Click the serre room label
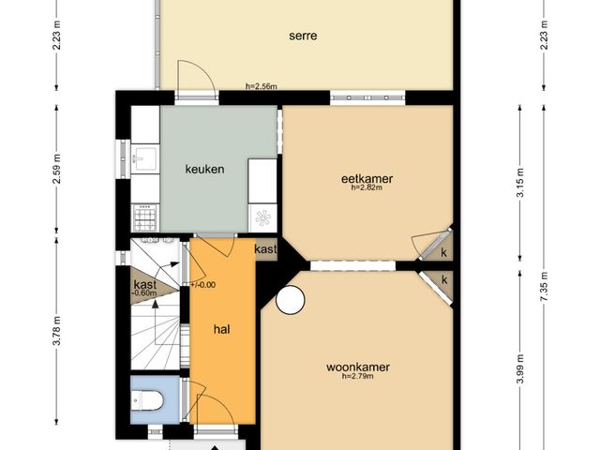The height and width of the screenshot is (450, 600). pyautogui.click(x=303, y=36)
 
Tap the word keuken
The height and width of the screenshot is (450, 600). pyautogui.click(x=204, y=169)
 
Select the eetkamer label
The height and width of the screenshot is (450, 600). pyautogui.click(x=367, y=178)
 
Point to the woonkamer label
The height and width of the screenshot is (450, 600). pyautogui.click(x=358, y=367)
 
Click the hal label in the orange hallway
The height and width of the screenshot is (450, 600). pyautogui.click(x=222, y=329)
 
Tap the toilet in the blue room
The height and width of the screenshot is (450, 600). pyautogui.click(x=147, y=400)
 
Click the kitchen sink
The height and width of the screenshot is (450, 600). pyautogui.click(x=145, y=158)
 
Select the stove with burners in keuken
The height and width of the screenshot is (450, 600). pyautogui.click(x=145, y=217)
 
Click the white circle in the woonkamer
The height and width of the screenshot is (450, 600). pyautogui.click(x=290, y=300)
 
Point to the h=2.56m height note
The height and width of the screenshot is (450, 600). pyautogui.click(x=261, y=86)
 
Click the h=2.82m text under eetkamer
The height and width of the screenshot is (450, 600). pyautogui.click(x=367, y=187)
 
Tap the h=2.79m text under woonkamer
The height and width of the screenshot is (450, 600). pyautogui.click(x=358, y=376)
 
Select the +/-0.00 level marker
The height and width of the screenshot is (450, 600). pyautogui.click(x=202, y=285)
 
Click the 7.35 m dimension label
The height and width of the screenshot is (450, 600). pyautogui.click(x=544, y=286)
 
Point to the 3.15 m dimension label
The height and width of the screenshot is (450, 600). pyautogui.click(x=520, y=183)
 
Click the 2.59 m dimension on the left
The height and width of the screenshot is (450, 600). pyautogui.click(x=56, y=169)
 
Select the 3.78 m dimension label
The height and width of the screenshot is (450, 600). pyautogui.click(x=56, y=331)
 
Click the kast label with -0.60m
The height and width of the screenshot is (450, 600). pyautogui.click(x=145, y=288)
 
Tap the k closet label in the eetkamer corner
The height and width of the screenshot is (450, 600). pyautogui.click(x=443, y=252)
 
